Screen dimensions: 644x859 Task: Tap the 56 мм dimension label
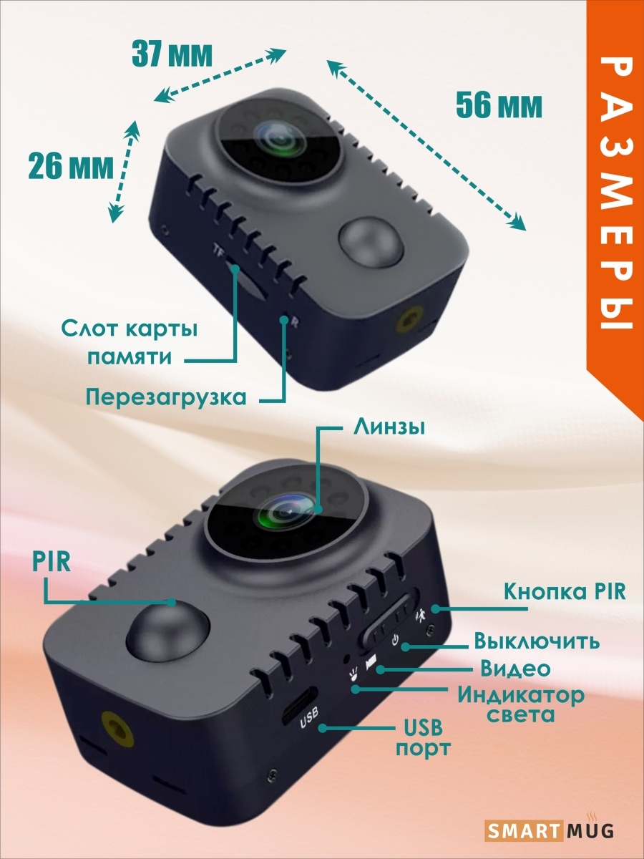(x=499, y=105)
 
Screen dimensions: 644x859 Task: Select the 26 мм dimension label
(x=71, y=165)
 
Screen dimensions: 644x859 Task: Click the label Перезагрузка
(x=166, y=397)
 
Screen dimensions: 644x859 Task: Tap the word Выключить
(x=537, y=641)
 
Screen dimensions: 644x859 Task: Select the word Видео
(x=515, y=669)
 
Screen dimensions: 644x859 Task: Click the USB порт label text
(x=424, y=738)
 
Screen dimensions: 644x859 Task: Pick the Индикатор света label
(x=521, y=705)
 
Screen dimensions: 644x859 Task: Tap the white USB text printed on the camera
(x=309, y=718)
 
